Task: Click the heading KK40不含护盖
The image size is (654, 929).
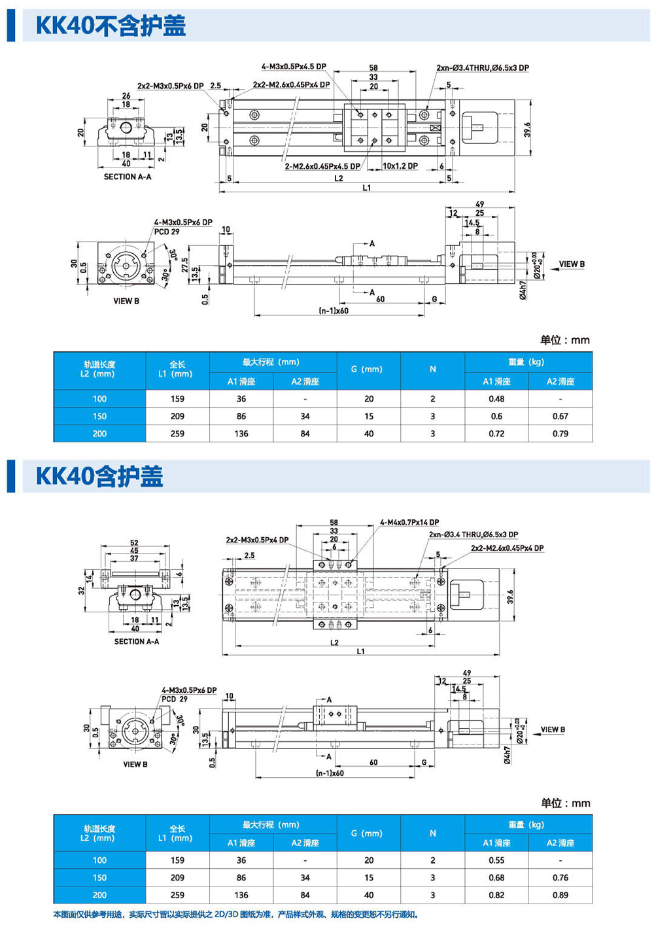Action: click(x=111, y=26)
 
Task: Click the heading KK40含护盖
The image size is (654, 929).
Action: click(x=99, y=476)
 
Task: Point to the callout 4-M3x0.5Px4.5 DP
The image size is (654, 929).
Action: click(x=294, y=67)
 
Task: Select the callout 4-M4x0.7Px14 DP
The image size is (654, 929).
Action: click(x=409, y=523)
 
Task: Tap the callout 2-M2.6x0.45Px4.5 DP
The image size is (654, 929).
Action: click(x=322, y=166)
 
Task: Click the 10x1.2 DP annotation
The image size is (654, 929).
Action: click(x=400, y=166)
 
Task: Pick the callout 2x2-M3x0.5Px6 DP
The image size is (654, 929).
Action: click(x=170, y=86)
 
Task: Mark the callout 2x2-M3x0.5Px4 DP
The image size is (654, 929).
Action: click(x=257, y=540)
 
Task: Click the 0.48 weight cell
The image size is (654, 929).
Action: click(x=496, y=398)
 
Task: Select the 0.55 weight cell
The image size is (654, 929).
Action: click(x=496, y=860)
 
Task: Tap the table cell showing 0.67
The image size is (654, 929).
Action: click(x=560, y=416)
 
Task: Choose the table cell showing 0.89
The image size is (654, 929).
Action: click(x=560, y=895)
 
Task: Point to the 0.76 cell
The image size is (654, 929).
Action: click(x=560, y=878)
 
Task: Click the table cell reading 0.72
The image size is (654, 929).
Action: click(x=496, y=434)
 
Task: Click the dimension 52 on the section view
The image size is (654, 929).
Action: click(x=134, y=543)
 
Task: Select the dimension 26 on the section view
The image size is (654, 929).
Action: click(x=126, y=96)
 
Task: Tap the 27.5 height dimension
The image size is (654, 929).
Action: click(x=185, y=264)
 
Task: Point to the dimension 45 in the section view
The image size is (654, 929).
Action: click(x=134, y=551)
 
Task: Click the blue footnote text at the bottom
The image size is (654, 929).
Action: click(x=235, y=915)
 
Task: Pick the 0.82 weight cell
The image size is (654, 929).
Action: click(x=496, y=895)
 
